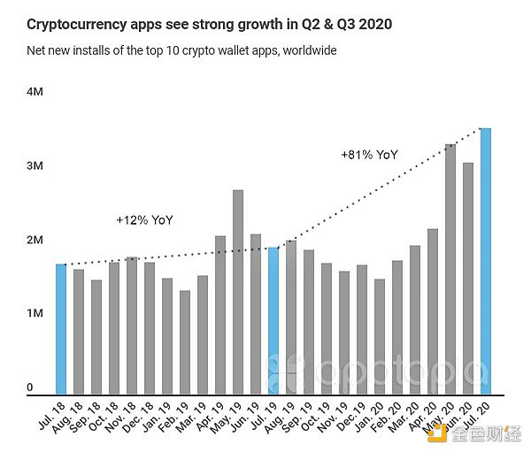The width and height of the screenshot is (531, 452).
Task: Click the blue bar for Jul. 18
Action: [x=61, y=328]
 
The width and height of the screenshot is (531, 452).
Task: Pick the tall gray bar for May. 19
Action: [x=238, y=292]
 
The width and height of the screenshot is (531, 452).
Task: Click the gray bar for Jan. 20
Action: [x=380, y=336]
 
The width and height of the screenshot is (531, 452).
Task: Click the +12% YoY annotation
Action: [x=145, y=218]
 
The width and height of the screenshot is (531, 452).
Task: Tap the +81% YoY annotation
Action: [x=369, y=155]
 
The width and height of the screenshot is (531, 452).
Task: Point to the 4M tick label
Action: [x=35, y=92]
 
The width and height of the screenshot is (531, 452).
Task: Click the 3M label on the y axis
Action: [x=35, y=166]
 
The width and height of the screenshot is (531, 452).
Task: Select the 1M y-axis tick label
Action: [x=35, y=314]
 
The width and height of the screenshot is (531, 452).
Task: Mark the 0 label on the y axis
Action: [x=29, y=387]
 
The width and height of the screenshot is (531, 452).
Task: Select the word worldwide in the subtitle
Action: [x=306, y=51]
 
